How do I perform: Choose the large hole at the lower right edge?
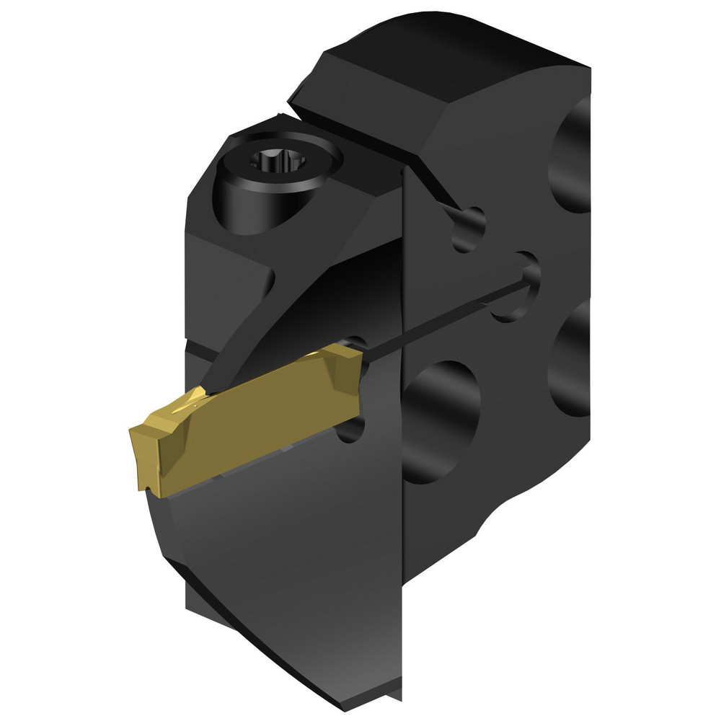[x=570, y=360]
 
